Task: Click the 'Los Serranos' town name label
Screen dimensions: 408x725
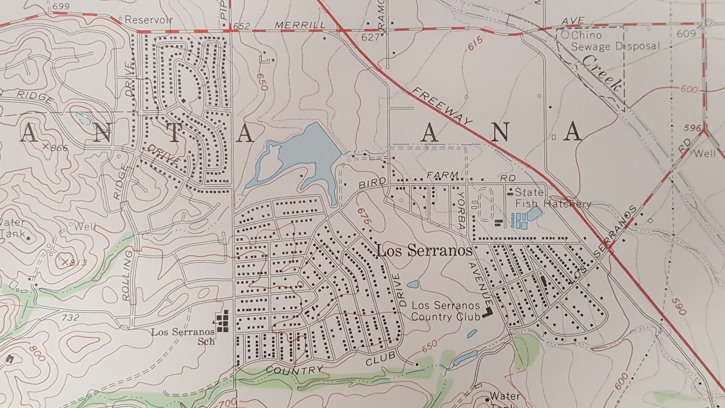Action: (424, 250)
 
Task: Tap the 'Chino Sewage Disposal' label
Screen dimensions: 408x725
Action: (615, 41)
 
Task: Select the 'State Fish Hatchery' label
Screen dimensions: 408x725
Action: (552, 198)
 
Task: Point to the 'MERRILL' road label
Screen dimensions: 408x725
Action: (300, 25)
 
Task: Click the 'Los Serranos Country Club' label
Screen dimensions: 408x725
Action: (445, 311)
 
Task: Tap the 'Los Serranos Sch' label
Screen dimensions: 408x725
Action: (183, 336)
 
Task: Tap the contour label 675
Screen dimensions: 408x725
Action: (364, 218)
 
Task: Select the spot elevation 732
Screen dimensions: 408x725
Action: (70, 317)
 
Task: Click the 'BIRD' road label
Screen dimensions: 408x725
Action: (372, 183)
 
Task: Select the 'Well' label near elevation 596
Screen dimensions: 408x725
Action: (705, 153)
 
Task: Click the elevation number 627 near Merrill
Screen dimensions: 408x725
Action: (370, 37)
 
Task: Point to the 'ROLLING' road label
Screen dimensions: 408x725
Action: (127, 275)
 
